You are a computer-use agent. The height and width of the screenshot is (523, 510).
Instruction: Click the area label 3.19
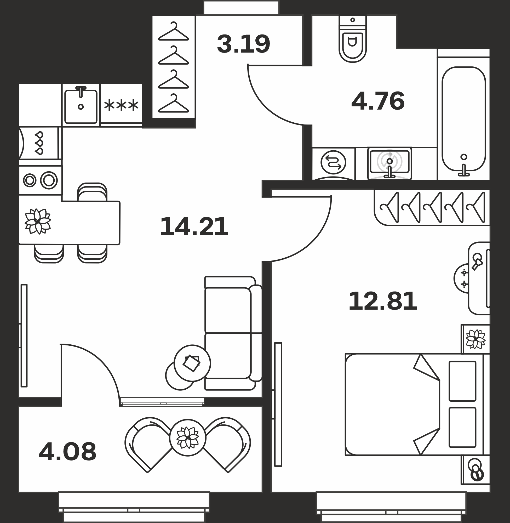click(243, 44)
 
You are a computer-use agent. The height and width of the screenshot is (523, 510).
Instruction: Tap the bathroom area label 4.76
click(378, 101)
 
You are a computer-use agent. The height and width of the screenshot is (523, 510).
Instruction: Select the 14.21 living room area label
click(194, 227)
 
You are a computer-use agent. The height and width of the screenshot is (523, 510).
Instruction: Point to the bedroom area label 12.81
click(382, 301)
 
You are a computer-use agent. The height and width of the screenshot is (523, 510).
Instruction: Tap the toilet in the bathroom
click(352, 39)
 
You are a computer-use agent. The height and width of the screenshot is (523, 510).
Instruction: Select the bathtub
click(464, 119)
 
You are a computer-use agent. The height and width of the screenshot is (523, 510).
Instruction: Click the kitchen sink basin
click(81, 106)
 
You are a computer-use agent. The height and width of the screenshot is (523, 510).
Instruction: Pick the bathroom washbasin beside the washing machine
click(390, 163)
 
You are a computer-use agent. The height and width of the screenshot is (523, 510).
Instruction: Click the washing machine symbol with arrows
click(334, 162)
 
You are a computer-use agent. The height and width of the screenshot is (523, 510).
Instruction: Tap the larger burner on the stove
click(49, 180)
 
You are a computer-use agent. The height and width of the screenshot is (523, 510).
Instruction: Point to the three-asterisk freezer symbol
click(121, 105)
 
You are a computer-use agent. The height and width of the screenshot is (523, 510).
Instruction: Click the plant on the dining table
click(38, 221)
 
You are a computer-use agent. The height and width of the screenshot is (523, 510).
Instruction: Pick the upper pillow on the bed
click(462, 381)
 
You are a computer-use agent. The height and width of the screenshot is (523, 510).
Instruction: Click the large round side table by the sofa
click(192, 363)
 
